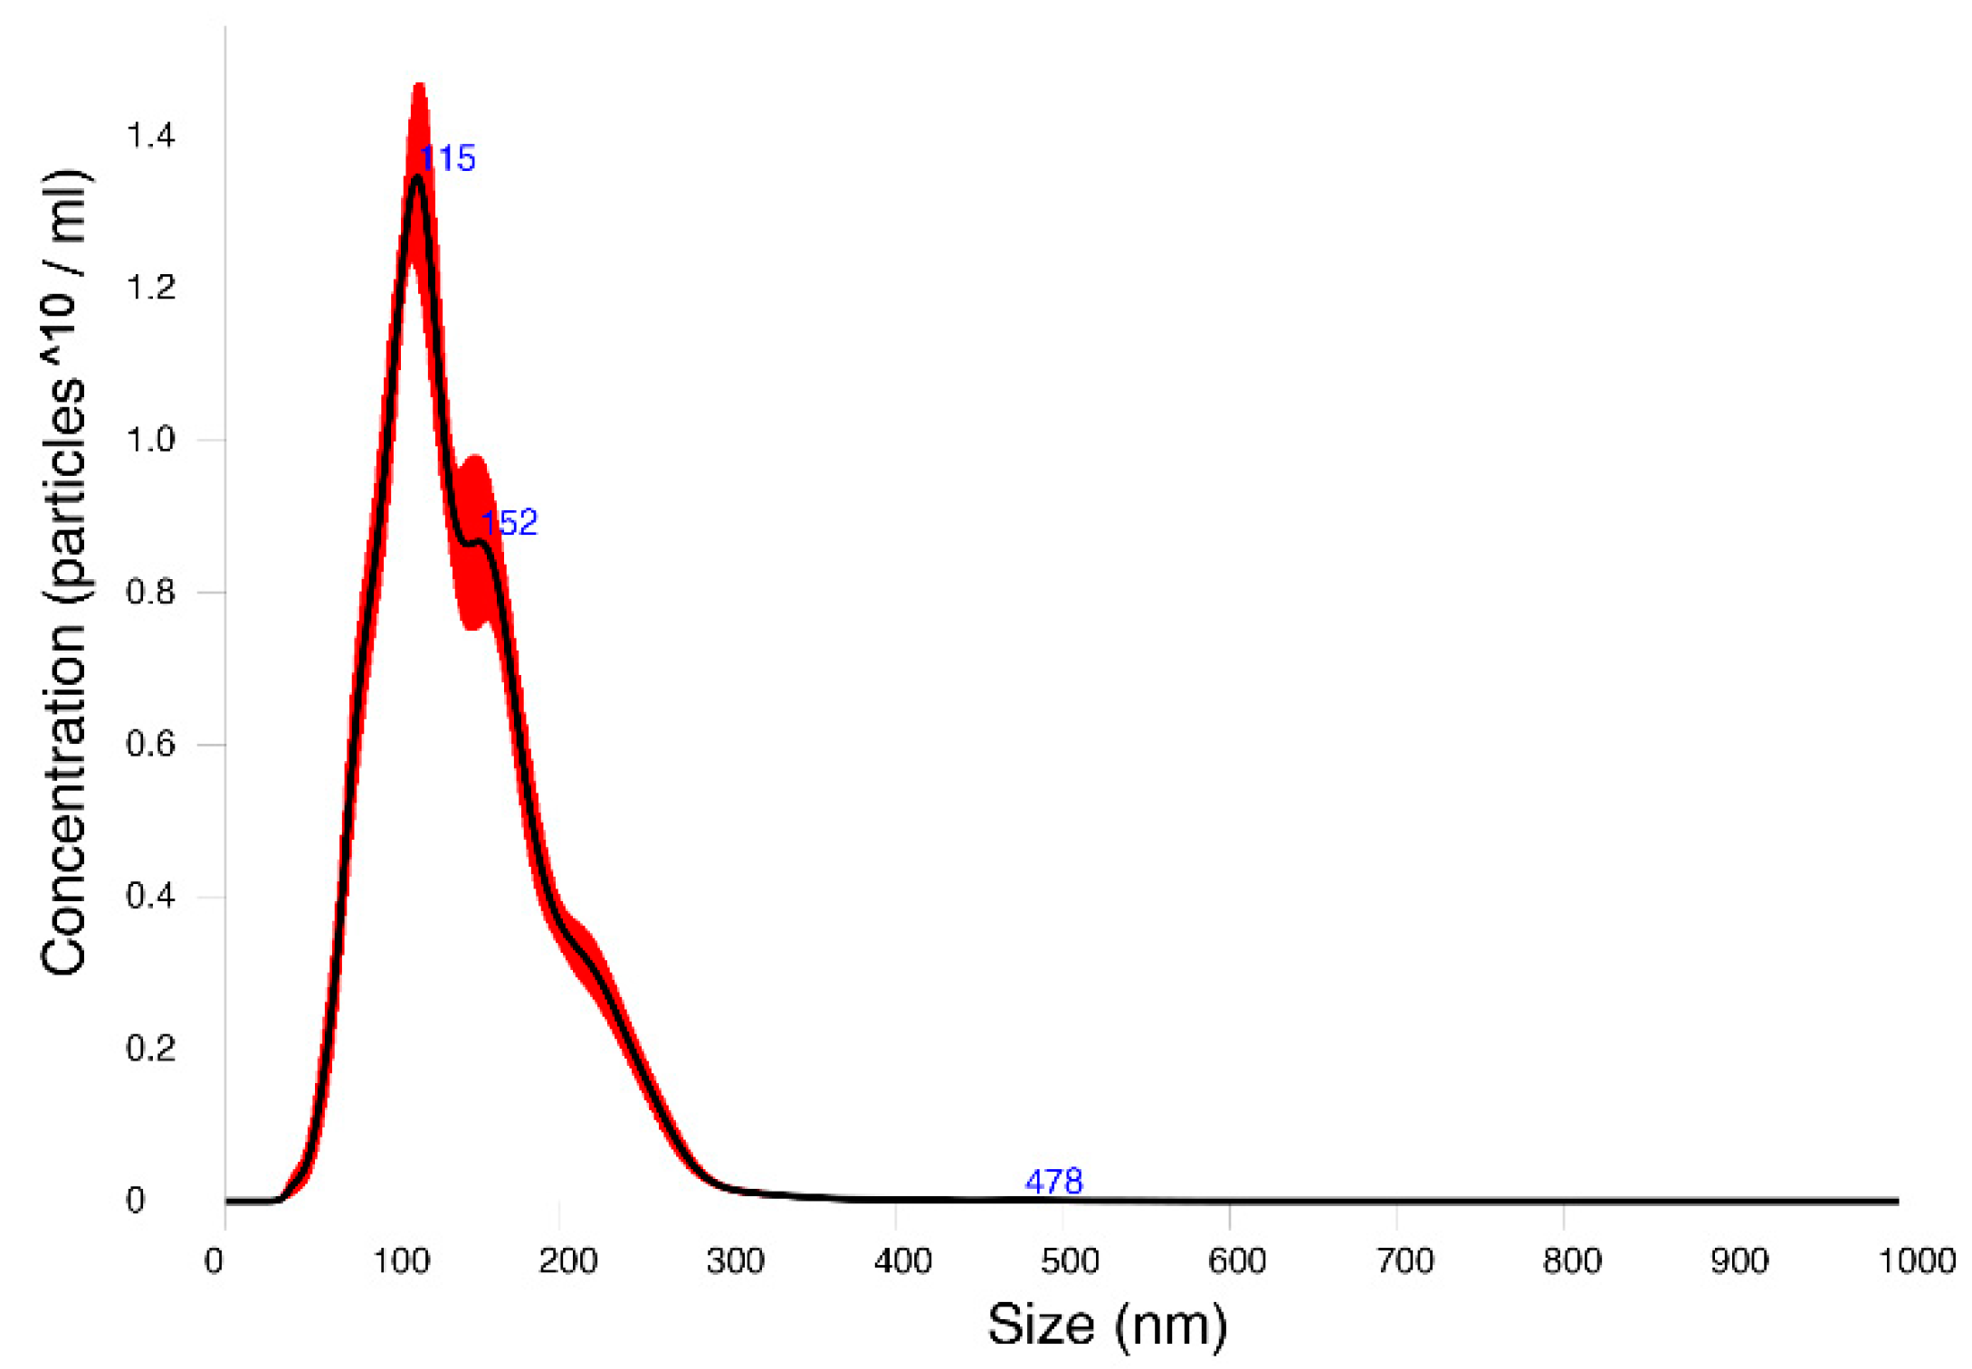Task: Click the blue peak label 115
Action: pos(447,158)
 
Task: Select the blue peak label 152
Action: pos(509,522)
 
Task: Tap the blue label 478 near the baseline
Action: pos(1053,1181)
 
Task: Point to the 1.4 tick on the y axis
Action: pos(150,136)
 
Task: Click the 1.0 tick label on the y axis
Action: pos(150,440)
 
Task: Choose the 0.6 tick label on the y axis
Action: pos(150,744)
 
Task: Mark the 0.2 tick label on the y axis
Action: pos(150,1048)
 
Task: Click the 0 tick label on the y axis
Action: pos(135,1200)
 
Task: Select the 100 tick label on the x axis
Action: pos(401,1260)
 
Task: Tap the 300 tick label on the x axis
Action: pos(735,1260)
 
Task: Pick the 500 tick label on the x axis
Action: pos(1070,1260)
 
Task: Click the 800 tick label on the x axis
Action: pos(1571,1260)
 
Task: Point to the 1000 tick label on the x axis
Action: pos(1916,1260)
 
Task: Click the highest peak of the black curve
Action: pos(417,177)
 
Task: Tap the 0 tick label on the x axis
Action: pos(214,1260)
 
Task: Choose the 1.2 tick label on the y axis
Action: pos(150,288)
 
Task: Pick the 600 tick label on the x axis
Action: pos(1237,1260)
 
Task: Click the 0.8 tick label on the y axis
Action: pos(150,592)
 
